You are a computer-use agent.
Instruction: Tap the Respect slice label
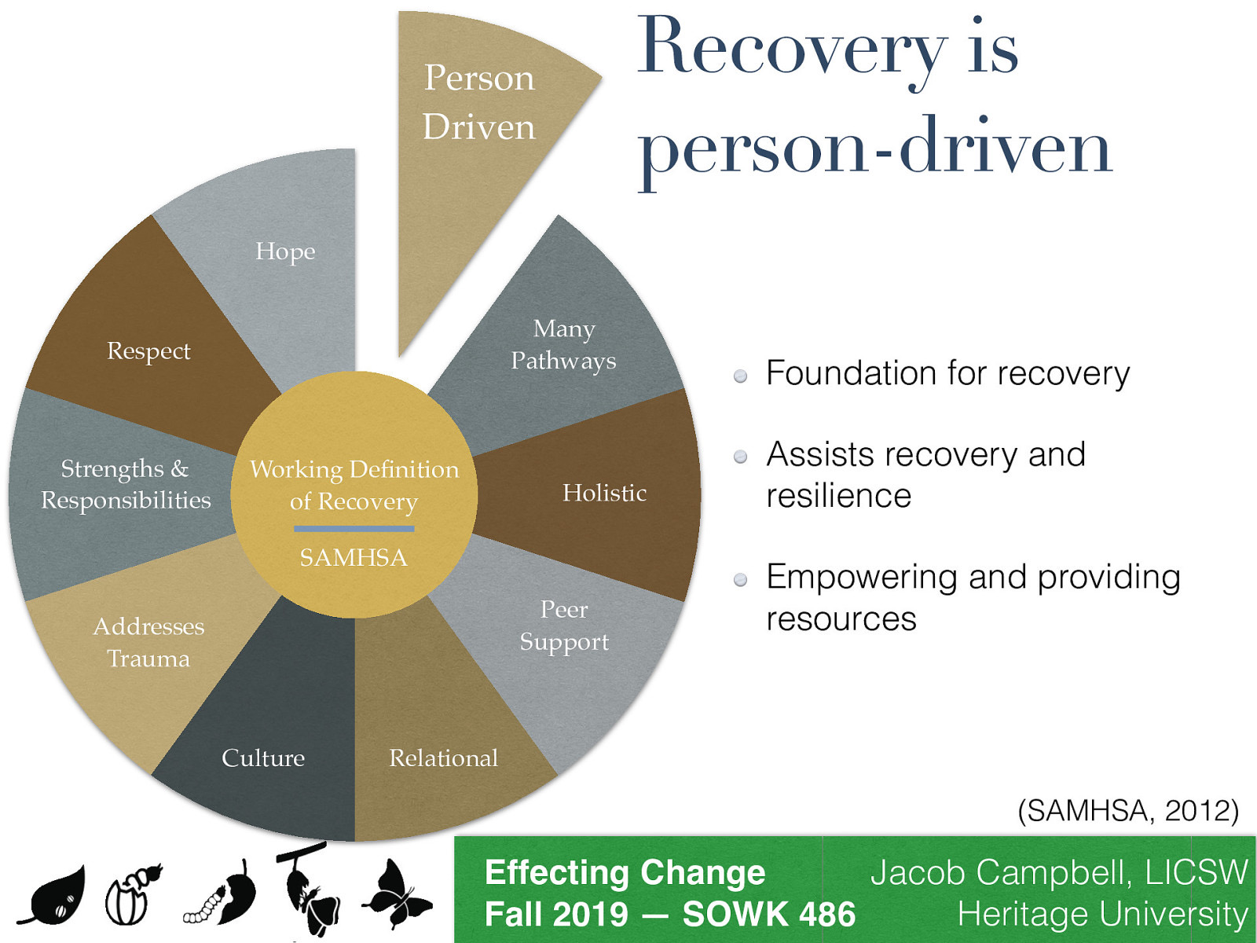148,350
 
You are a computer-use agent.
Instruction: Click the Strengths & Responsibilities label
126,484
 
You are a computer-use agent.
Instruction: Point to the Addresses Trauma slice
148,642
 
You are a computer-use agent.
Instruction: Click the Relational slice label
444,758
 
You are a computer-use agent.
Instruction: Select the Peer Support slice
564,626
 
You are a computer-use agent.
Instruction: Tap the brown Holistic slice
604,493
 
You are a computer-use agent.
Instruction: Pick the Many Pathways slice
563,344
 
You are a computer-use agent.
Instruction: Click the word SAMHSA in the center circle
354,558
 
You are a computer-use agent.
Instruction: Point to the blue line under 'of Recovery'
354,529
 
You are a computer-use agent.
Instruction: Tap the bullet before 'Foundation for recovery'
740,376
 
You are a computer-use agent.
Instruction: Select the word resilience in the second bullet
839,496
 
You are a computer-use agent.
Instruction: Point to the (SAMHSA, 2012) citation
1127,810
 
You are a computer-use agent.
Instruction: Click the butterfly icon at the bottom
397,896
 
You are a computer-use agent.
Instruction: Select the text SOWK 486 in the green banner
768,914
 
